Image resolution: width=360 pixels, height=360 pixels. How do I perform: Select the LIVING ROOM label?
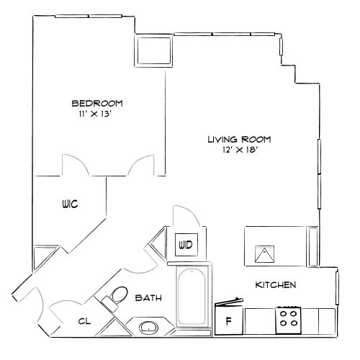(234, 139)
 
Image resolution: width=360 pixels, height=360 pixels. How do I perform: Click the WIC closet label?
(68, 205)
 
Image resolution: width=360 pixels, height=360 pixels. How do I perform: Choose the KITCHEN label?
(276, 285)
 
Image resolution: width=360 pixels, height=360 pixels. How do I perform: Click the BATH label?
(148, 297)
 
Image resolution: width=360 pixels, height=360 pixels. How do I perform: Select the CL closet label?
(84, 322)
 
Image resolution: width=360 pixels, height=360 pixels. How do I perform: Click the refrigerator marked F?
(229, 320)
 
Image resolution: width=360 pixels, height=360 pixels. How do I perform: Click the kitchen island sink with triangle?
(266, 252)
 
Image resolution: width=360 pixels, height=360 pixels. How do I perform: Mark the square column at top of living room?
(153, 51)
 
